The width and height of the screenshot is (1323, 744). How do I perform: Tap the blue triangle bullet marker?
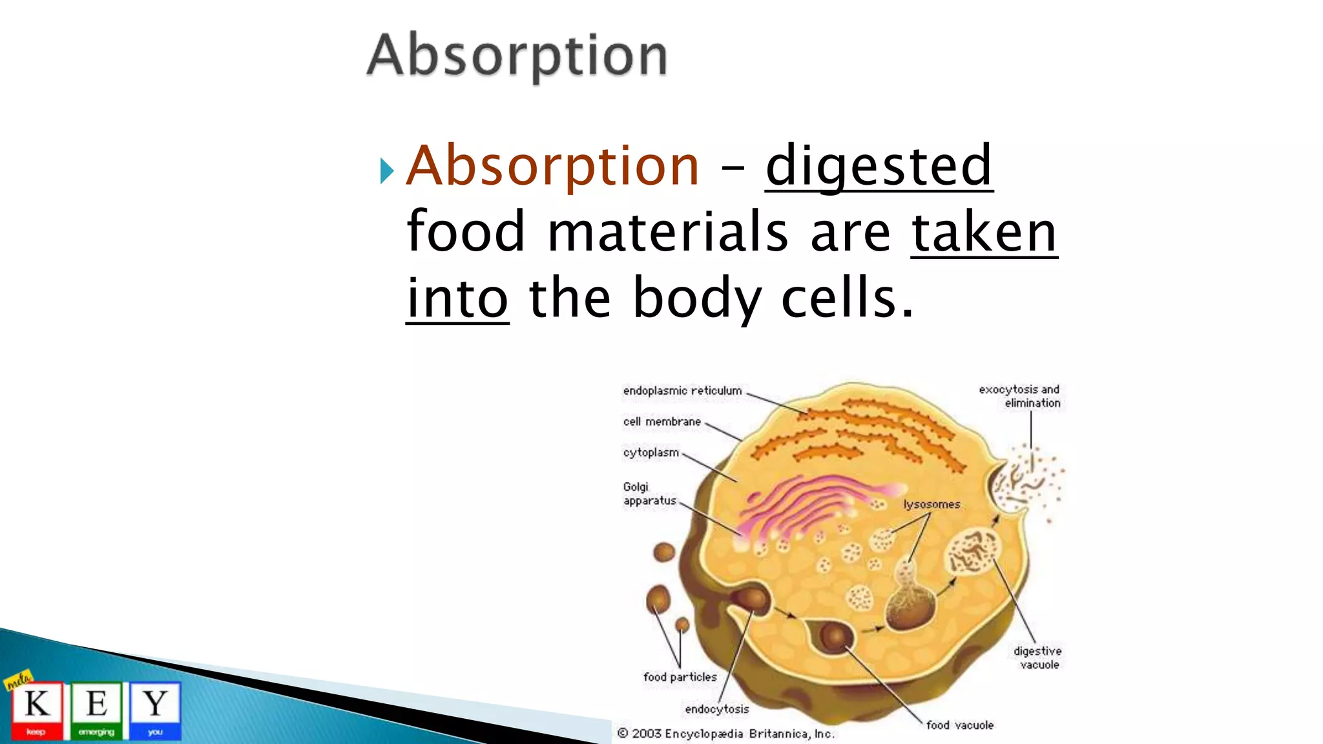pos(387,171)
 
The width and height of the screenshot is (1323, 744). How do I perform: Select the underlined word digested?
pos(879,166)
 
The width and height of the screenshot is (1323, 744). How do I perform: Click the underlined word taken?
pos(984,232)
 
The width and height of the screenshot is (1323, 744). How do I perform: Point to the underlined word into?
pos(457,298)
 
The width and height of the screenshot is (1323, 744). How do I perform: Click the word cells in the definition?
pos(847,298)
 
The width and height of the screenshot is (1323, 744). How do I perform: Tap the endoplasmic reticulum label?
pos(682,391)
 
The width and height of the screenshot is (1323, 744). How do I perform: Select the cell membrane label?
pos(661,422)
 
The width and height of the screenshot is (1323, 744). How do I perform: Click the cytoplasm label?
pos(651,453)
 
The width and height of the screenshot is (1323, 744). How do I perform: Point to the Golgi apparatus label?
pos(649,494)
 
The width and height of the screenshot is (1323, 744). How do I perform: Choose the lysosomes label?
pos(932,504)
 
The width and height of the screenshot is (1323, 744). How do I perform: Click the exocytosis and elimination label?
pos(1020,396)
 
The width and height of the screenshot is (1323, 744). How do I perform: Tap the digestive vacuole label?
pos(1037,657)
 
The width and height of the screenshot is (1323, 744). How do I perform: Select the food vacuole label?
pos(959,725)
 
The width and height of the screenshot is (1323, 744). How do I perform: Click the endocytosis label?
pos(716,709)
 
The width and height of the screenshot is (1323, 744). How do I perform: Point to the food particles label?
pos(680,677)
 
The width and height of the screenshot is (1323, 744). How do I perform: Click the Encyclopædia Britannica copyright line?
pos(725,734)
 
